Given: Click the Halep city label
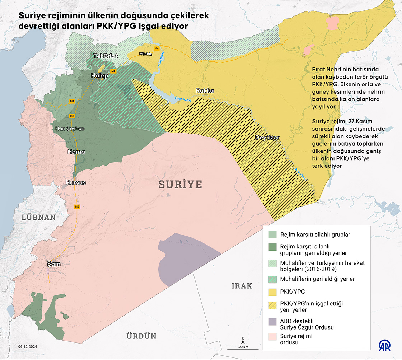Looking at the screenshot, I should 99,76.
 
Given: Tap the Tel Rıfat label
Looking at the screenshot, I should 106,56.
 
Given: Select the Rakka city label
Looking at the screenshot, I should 205,91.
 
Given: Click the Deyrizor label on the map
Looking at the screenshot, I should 267,137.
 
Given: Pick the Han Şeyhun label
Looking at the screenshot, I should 70,128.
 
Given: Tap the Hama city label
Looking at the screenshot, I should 76,152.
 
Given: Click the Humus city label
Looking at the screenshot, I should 76,183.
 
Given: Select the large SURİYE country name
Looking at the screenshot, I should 181,185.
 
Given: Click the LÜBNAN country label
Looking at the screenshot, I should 39,217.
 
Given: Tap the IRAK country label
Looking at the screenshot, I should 242,286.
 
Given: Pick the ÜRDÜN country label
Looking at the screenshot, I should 141,336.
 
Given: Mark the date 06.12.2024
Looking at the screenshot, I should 28,347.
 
